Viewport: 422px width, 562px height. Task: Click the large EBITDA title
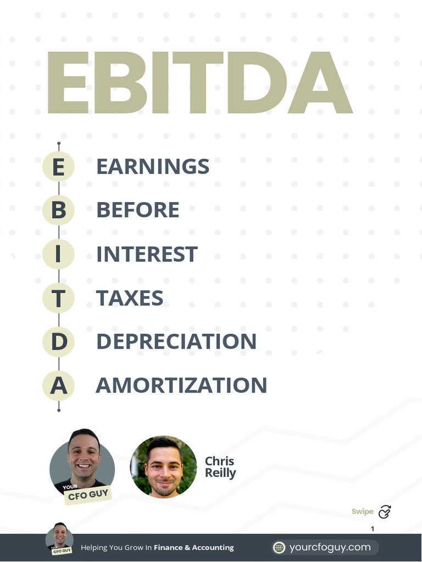[x=199, y=82]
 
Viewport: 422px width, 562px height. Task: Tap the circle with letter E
[x=58, y=166]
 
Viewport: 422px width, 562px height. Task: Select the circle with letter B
[x=58, y=210]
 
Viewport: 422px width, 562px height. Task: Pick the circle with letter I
[x=58, y=254]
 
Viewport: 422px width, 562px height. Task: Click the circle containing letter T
[x=58, y=298]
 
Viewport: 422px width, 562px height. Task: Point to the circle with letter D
[x=58, y=341]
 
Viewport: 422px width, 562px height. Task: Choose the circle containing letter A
[x=58, y=385]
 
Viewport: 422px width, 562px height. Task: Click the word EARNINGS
[x=153, y=166]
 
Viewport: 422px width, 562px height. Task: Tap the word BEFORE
[x=137, y=210]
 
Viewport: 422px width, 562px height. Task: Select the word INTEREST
[x=147, y=254]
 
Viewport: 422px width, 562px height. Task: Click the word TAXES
[x=130, y=298]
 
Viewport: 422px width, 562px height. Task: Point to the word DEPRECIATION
[x=176, y=341]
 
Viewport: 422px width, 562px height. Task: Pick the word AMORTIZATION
[x=181, y=385]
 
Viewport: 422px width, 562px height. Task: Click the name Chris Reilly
[x=220, y=467]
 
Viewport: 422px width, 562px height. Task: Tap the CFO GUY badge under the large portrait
[x=87, y=495]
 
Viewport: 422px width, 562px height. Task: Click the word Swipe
[x=363, y=512]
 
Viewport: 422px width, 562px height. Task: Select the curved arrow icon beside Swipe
[x=385, y=512]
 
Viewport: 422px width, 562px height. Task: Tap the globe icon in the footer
[x=280, y=547]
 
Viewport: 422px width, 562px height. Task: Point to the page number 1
[x=373, y=529]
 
